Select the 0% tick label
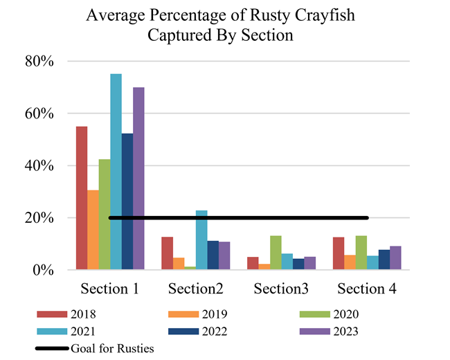coord(44,270)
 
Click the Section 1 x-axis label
coord(110,289)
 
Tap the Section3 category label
coord(282,289)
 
